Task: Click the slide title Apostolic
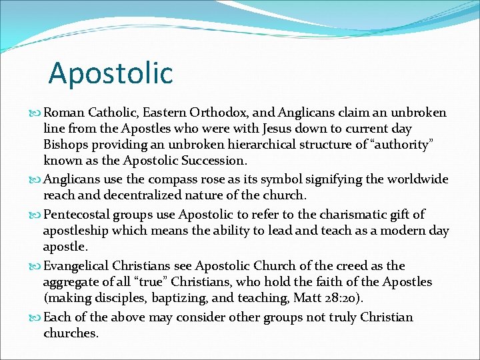[x=111, y=73]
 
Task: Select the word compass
[x=172, y=180]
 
